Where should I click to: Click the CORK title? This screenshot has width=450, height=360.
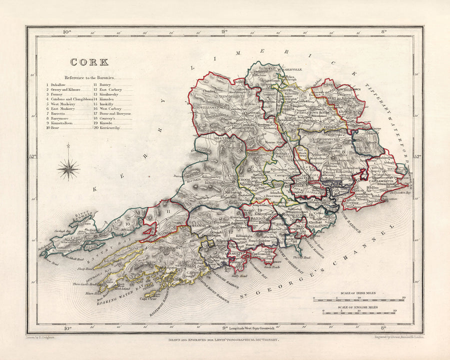[89, 62]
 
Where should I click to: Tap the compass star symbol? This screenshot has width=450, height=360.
[68, 168]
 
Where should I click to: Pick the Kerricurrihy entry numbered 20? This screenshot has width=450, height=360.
[112, 127]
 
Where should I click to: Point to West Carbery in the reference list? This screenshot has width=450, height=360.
[110, 108]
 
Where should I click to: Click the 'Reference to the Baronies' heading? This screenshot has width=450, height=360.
[89, 78]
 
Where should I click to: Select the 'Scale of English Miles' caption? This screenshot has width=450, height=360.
[359, 306]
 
